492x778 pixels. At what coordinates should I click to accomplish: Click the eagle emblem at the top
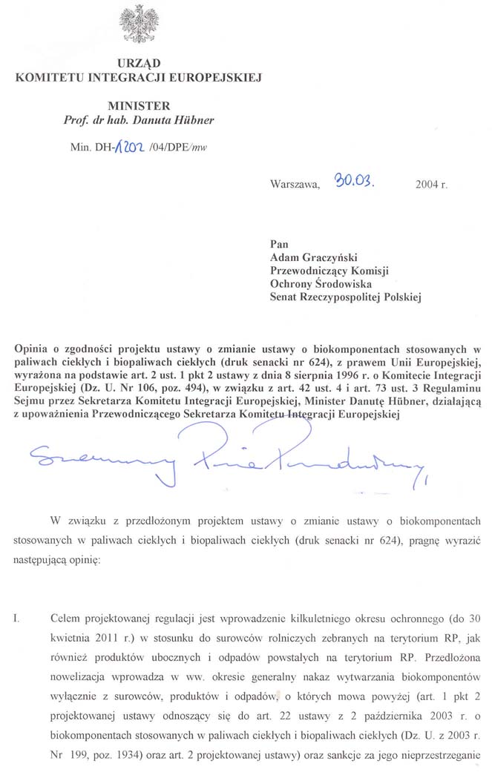click(137, 24)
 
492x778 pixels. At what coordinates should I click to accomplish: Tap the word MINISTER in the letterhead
click(138, 106)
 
